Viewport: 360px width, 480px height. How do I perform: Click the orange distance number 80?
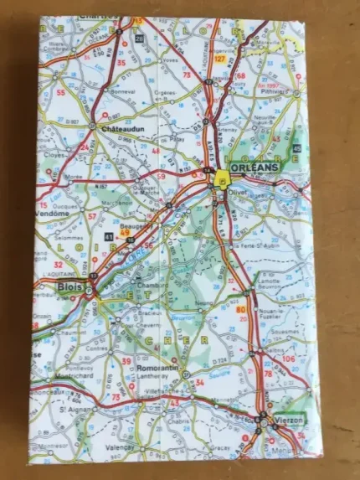point(241,311)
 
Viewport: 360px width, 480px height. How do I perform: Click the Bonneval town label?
point(122,95)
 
